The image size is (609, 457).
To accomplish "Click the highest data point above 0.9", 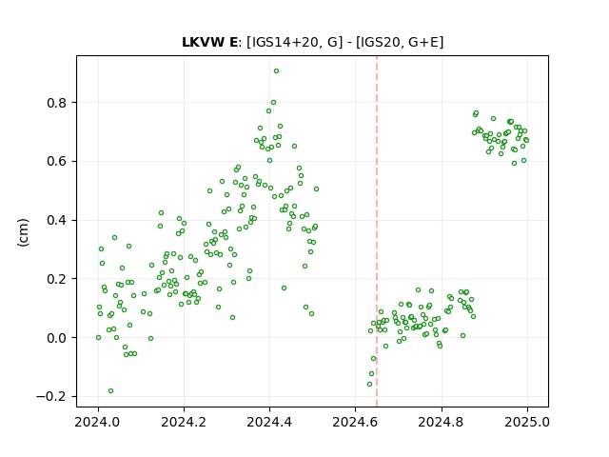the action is pos(276,71).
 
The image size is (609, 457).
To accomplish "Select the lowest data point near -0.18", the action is pos(110,391).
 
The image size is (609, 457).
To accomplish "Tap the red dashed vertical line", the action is pos(377,231).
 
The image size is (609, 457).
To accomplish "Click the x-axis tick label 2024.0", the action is pos(98,422).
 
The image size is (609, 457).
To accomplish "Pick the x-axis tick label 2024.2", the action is pos(184,422).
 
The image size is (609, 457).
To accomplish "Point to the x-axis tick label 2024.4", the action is pos(269,422).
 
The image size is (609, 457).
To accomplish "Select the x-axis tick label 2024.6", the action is pos(355,422).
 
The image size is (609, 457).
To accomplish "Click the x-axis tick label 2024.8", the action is pos(442,422).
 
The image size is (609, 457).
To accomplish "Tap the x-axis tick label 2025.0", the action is pos(527,422).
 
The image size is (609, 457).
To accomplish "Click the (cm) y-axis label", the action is pos(23,232).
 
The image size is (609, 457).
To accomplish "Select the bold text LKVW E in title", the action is pos(209,42).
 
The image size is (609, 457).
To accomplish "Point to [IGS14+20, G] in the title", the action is pos(295,42).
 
